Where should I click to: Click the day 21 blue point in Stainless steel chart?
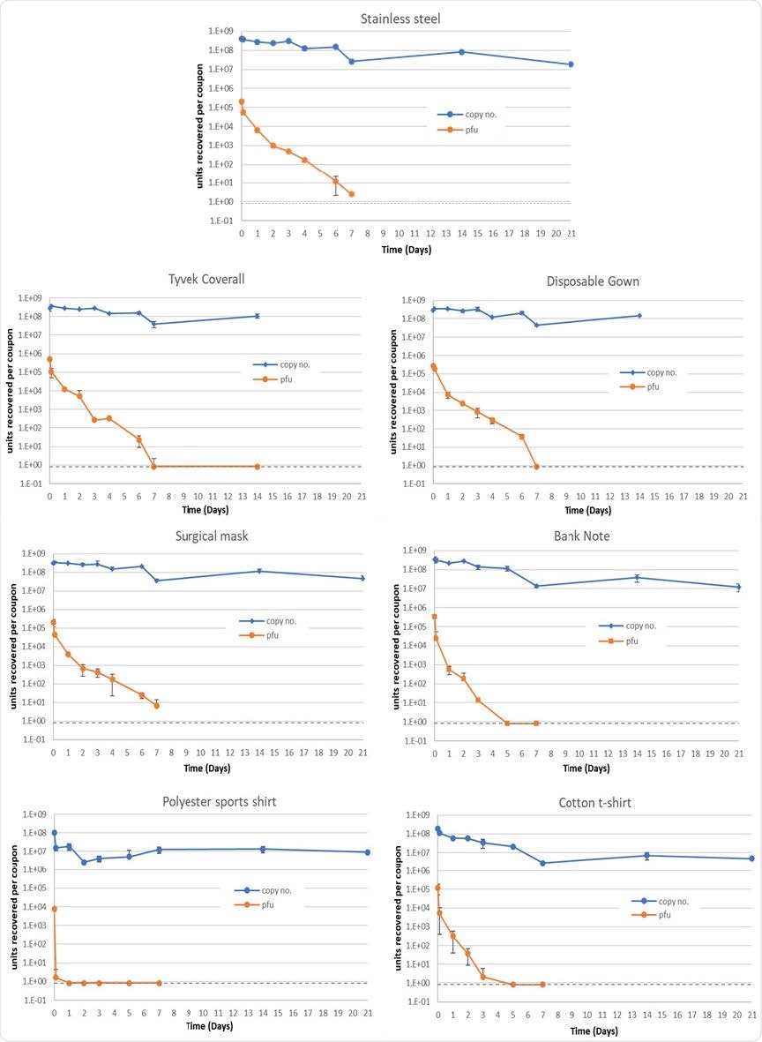(x=571, y=64)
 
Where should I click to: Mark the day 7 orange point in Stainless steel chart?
(x=352, y=194)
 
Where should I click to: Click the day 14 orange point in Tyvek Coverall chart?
(x=257, y=466)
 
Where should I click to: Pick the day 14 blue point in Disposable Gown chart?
(x=639, y=316)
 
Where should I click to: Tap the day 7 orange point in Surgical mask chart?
(x=156, y=705)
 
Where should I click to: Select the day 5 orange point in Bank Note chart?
(x=506, y=723)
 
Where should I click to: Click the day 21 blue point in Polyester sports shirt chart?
(x=367, y=852)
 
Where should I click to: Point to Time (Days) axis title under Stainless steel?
(x=405, y=251)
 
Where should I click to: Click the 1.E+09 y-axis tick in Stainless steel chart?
(x=220, y=32)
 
